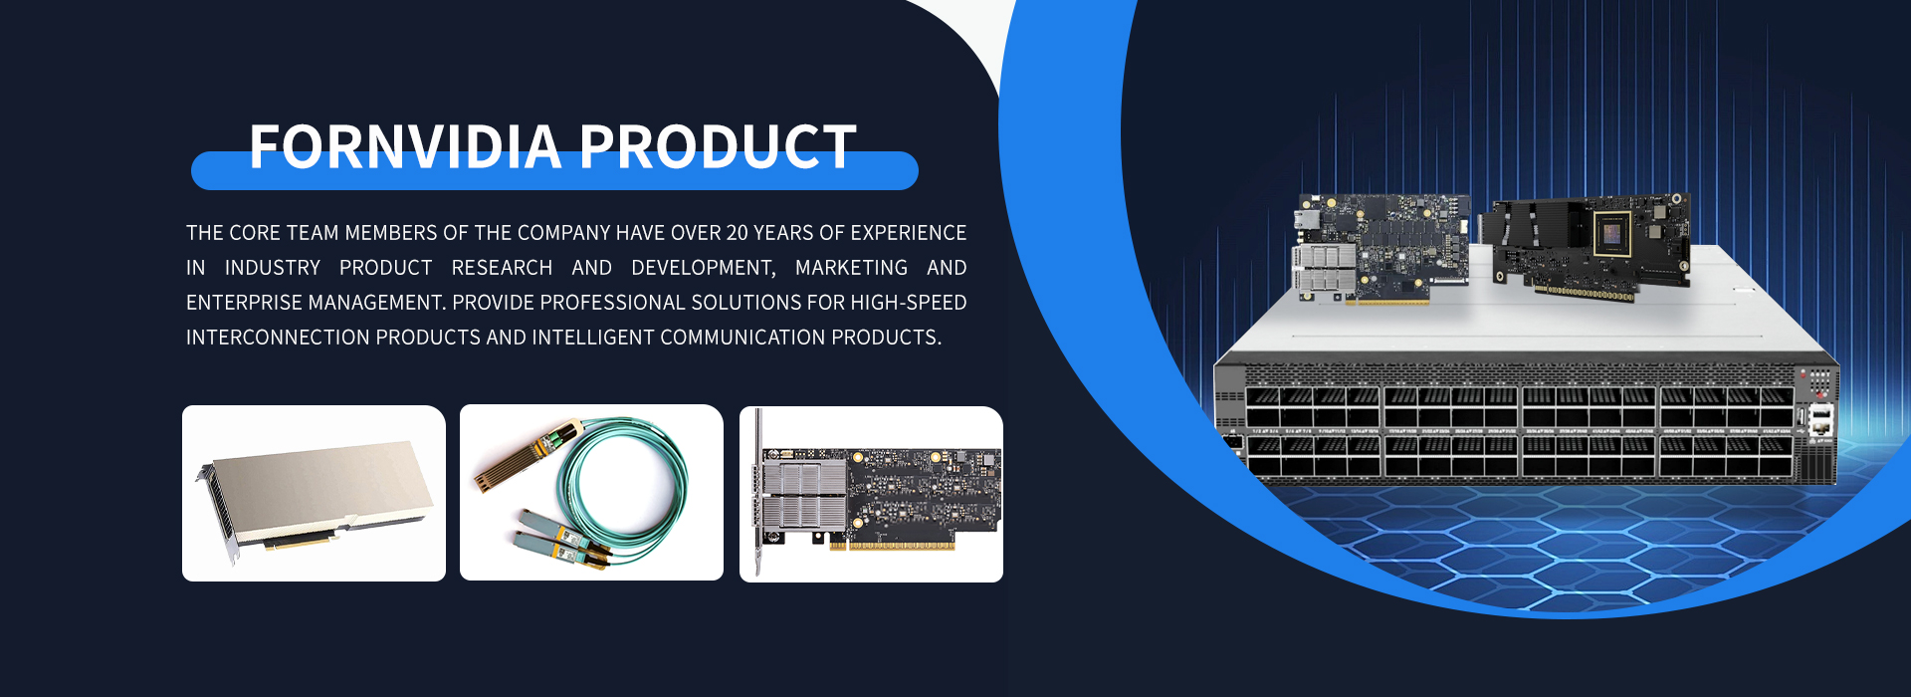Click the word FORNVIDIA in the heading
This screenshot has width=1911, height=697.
point(405,147)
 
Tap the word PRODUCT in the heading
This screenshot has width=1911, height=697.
point(718,147)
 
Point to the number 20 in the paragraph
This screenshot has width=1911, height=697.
point(737,233)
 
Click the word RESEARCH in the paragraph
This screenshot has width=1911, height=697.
point(502,268)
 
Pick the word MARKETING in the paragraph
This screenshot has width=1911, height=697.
point(851,268)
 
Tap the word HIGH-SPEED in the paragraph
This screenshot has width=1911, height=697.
point(909,303)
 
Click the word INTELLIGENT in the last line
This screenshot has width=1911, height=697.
point(593,338)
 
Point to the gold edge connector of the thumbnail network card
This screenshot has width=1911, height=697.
point(892,545)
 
